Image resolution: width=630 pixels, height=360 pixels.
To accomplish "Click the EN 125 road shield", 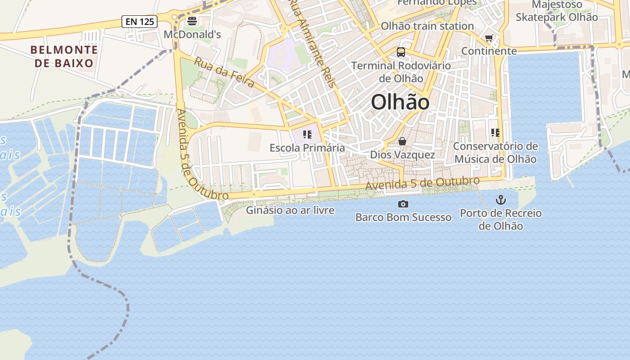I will pyautogui.click(x=139, y=21).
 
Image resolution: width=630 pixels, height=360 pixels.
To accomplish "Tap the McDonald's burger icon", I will pyautogui.click(x=192, y=21).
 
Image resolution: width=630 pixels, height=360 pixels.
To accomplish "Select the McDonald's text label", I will pyautogui.click(x=192, y=35).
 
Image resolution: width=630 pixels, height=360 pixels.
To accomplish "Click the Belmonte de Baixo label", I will pyautogui.click(x=64, y=56).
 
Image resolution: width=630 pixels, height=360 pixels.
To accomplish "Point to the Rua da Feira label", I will pyautogui.click(x=224, y=72).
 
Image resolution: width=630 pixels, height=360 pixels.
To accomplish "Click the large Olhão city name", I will pyautogui.click(x=400, y=103).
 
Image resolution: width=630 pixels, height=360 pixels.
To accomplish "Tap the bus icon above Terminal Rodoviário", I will pyautogui.click(x=401, y=52).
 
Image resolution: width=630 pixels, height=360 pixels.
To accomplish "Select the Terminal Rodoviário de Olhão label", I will pyautogui.click(x=401, y=72).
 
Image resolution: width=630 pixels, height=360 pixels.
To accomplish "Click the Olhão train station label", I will pyautogui.click(x=427, y=26).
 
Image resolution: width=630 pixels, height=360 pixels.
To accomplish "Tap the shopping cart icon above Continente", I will pyautogui.click(x=489, y=38).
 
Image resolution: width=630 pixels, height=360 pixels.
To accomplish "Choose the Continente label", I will pyautogui.click(x=489, y=51).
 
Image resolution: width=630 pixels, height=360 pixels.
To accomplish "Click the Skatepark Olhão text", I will pyautogui.click(x=557, y=17).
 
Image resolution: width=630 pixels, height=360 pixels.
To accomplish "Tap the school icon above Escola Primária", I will pyautogui.click(x=307, y=135).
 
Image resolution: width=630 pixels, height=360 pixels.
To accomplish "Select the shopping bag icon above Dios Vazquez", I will pyautogui.click(x=402, y=142).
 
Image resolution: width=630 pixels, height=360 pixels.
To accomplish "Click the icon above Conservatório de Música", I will pyautogui.click(x=495, y=133).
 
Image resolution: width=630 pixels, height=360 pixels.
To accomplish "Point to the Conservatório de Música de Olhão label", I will pyautogui.click(x=495, y=153).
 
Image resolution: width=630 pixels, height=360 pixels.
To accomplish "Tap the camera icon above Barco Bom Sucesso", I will pyautogui.click(x=403, y=204).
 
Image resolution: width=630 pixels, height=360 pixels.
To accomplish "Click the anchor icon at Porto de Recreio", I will pyautogui.click(x=501, y=200).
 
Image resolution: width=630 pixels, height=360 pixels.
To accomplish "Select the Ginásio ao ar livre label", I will pyautogui.click(x=290, y=210).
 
